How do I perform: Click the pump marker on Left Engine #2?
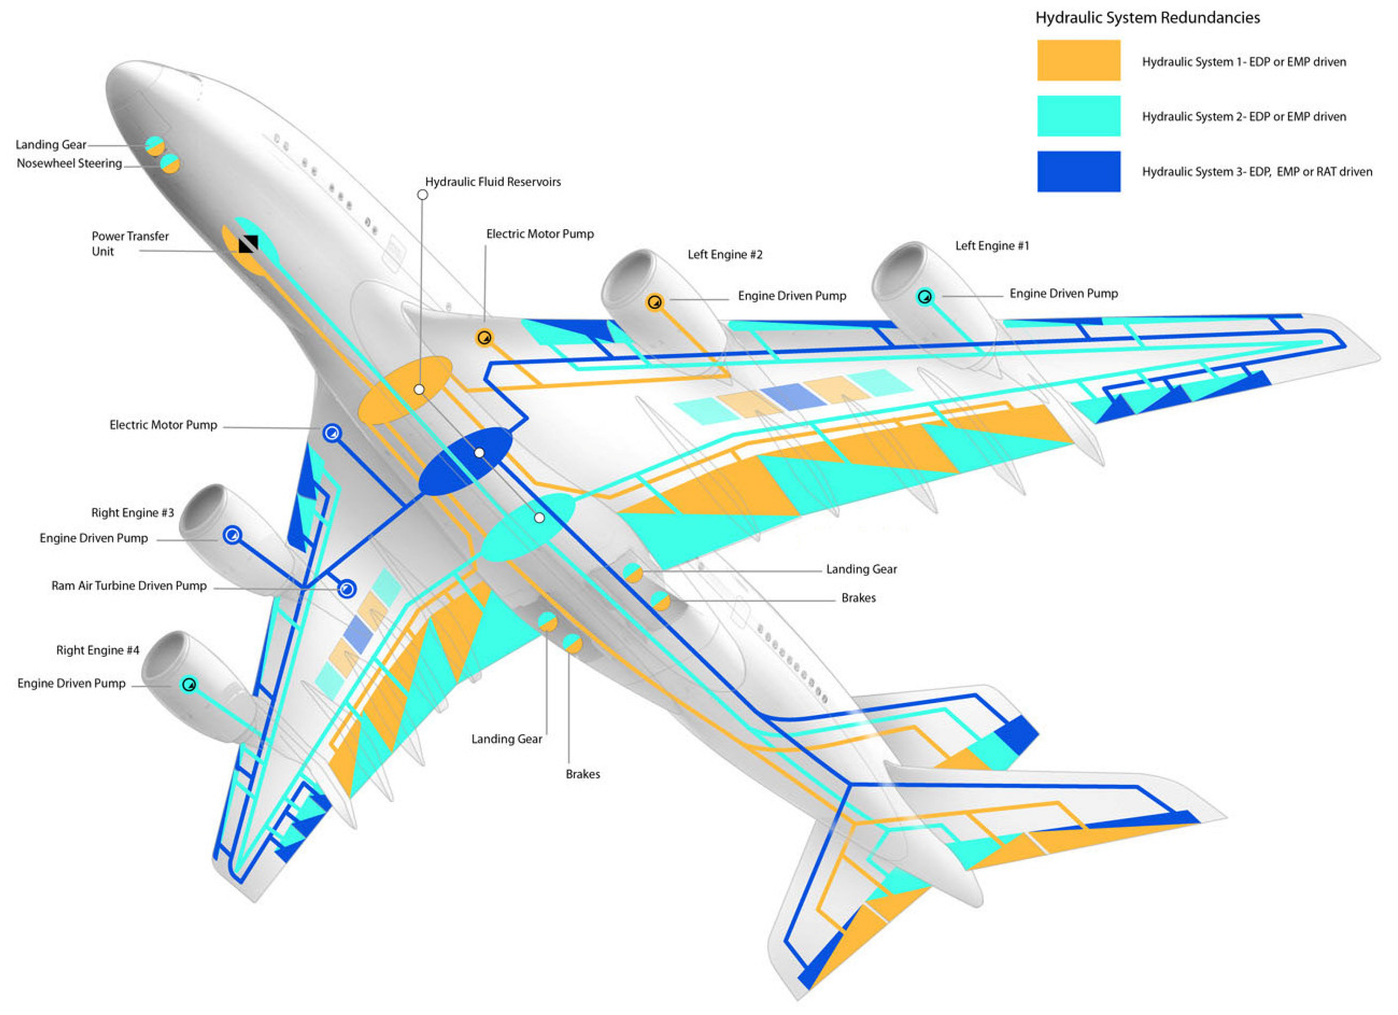pos(654,303)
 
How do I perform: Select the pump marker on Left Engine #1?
pos(925,297)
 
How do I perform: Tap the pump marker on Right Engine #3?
pos(232,535)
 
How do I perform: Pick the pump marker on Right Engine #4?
pos(189,684)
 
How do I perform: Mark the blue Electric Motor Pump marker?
pos(332,433)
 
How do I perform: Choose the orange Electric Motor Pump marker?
pos(484,338)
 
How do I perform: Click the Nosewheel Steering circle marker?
pos(170,164)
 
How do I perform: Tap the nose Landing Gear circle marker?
pos(155,146)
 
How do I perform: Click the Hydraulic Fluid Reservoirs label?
pos(493,182)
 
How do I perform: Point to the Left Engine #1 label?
pos(992,246)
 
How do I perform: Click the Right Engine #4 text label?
pos(98,650)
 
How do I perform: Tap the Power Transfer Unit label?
pos(130,243)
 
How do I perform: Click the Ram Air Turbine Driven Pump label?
pos(129,585)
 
